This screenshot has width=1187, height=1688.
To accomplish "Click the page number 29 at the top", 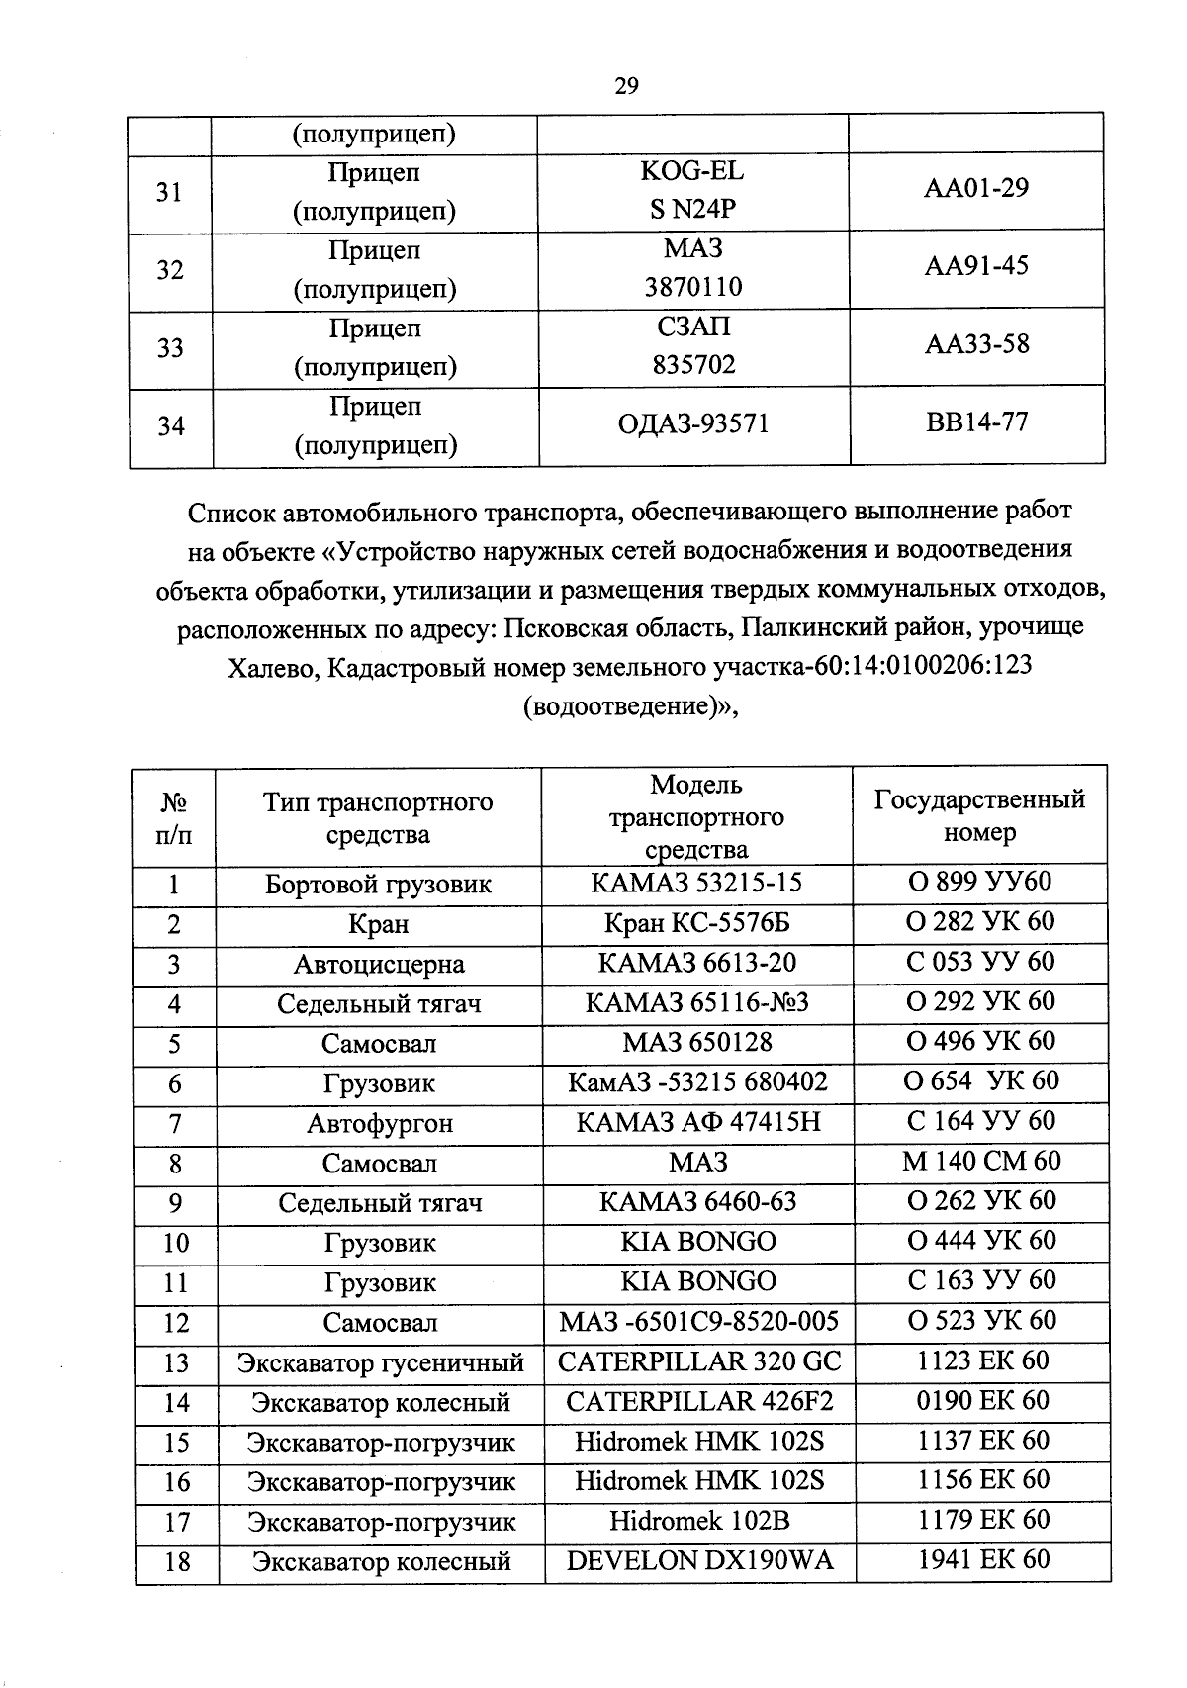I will [x=626, y=86].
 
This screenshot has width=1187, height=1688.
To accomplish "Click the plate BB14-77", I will [x=976, y=422].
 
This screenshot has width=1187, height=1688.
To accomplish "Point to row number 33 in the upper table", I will [x=170, y=347].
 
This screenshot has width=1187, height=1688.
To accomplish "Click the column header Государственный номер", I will [x=979, y=815].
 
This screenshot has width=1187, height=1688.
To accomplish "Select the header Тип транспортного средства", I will [x=378, y=817].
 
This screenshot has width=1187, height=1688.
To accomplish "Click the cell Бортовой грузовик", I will [x=378, y=884].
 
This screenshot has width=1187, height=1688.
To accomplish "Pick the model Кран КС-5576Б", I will [x=696, y=923].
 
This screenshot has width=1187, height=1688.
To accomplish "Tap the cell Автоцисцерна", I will [x=378, y=964].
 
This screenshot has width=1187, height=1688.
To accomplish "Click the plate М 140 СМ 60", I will [x=980, y=1161].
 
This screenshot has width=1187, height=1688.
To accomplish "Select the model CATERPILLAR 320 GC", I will [x=698, y=1361].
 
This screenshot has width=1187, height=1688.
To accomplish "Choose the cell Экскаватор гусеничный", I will [x=380, y=1362].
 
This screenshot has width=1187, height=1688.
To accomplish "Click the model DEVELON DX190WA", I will [x=699, y=1561].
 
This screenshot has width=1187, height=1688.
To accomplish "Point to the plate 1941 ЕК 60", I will [x=982, y=1560].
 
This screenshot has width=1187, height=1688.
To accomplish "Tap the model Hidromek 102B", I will [x=699, y=1521].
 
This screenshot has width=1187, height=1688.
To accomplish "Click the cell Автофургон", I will [x=379, y=1123].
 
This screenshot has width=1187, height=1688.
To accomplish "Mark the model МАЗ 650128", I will [x=696, y=1042].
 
